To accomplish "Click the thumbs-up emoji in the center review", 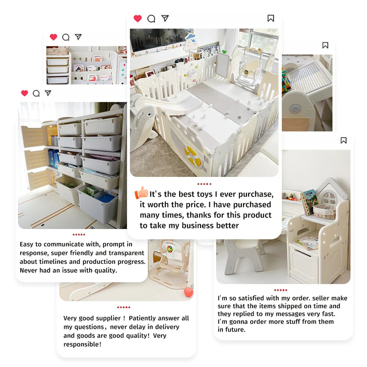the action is (141, 193).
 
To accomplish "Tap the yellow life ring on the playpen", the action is (193, 155).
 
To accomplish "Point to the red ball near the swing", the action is (188, 292).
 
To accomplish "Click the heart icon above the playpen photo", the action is (138, 18).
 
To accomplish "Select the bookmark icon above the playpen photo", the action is (271, 18).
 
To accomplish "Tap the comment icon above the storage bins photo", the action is (36, 93).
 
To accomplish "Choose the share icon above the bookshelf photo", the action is (78, 37).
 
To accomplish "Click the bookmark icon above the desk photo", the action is (344, 140).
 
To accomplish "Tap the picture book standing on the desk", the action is (309, 202).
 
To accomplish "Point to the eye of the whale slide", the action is (149, 115).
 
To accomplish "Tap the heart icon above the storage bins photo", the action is (24, 93).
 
